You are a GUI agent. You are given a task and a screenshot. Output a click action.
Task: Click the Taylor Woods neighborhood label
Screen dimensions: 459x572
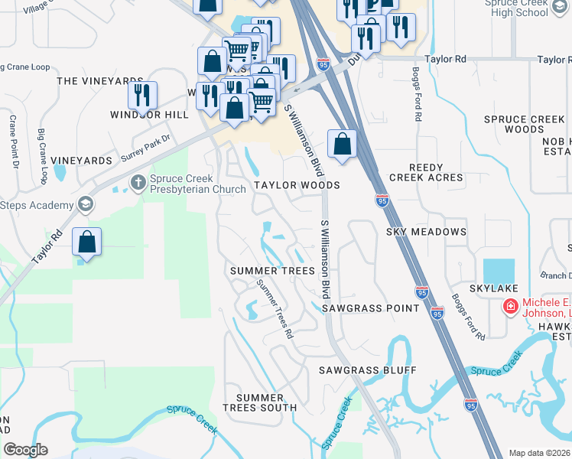(x=297, y=185)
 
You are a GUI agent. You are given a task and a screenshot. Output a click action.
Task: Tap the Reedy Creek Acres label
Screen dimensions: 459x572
(x=426, y=172)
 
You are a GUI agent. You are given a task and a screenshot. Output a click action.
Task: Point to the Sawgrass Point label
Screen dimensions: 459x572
(x=370, y=308)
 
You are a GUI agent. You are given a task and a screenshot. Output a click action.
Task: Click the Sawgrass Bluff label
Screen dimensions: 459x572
(x=368, y=370)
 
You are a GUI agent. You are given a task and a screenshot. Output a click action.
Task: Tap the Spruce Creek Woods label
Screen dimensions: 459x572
(x=525, y=124)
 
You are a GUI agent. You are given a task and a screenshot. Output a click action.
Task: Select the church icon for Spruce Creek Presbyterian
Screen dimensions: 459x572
(x=138, y=182)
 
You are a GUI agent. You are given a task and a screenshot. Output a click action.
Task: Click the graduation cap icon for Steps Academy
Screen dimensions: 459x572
(x=85, y=204)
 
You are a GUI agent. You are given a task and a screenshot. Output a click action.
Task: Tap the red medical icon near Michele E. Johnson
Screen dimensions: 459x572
(x=509, y=307)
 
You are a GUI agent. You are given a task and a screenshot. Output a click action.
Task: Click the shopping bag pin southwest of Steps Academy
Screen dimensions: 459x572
(x=87, y=242)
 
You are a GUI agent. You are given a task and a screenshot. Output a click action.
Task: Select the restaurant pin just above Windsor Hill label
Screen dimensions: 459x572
(x=142, y=95)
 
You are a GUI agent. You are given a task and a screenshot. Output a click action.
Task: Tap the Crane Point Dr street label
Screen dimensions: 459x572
(x=13, y=142)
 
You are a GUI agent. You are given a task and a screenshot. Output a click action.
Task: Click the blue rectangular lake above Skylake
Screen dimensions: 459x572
(x=499, y=270)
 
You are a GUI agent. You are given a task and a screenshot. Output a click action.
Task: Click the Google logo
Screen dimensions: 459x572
(x=25, y=449)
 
